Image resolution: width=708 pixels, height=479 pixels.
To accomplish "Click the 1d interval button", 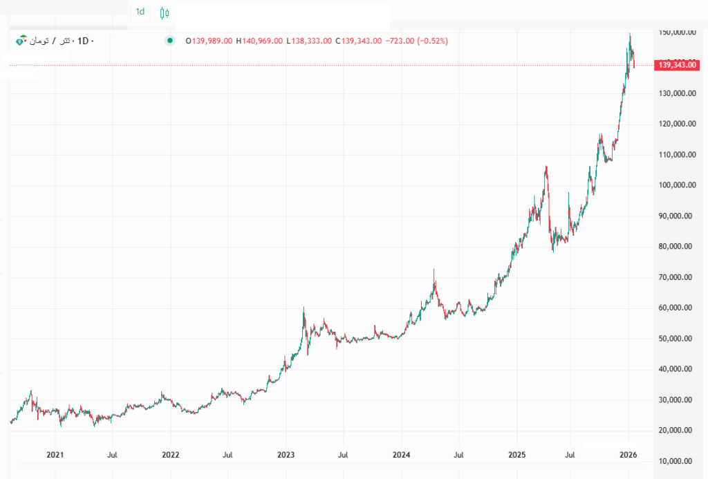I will click(140, 12).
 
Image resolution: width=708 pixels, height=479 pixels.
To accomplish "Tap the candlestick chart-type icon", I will click(164, 12).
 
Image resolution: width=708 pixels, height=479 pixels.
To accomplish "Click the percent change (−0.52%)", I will click(429, 41).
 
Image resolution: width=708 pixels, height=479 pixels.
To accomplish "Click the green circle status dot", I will click(169, 41).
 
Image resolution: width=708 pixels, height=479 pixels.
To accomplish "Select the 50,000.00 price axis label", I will click(675, 339).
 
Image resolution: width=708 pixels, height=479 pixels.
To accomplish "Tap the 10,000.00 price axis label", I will click(675, 461).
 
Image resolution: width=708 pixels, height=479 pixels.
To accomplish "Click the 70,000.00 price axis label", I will click(675, 277).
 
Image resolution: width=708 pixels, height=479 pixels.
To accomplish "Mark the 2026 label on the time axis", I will click(628, 455).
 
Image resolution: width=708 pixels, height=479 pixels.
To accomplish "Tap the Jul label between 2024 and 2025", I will click(458, 455).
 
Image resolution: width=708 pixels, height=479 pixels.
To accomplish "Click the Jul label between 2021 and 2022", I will click(112, 455).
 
